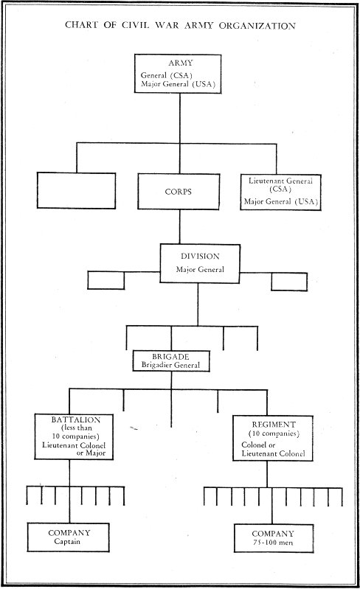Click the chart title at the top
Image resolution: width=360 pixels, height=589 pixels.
[180, 25]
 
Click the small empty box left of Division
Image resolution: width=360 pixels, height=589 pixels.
[105, 281]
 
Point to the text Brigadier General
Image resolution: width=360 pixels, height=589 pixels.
[171, 364]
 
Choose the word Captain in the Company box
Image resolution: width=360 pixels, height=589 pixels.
[62, 543]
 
